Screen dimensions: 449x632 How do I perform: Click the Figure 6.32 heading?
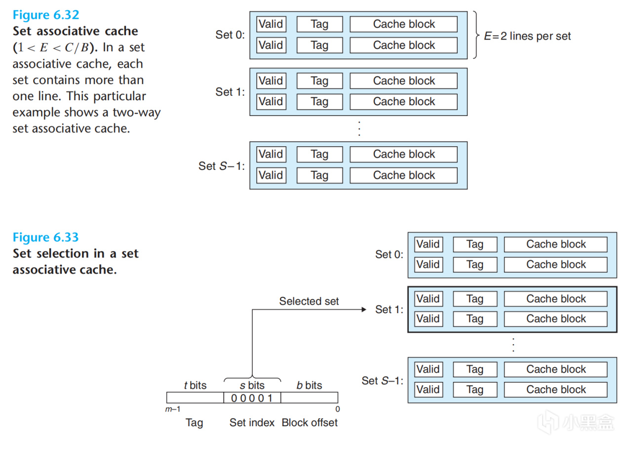tap(45, 15)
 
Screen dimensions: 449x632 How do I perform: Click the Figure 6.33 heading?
tap(45, 238)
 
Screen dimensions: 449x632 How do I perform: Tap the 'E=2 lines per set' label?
tap(527, 36)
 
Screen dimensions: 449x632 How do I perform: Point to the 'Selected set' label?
tap(309, 301)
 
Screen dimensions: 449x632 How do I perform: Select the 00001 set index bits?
tap(252, 398)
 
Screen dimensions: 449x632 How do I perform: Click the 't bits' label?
tap(195, 385)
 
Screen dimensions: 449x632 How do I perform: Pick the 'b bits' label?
tap(309, 385)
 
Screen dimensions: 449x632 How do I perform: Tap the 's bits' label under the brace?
tap(252, 386)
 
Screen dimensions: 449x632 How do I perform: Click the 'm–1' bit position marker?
tap(173, 409)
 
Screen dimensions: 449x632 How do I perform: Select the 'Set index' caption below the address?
tap(252, 423)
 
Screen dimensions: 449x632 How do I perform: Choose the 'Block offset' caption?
tap(310, 423)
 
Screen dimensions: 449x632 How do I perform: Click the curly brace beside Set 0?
tap(475, 35)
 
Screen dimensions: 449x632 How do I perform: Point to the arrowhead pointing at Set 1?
tap(364, 310)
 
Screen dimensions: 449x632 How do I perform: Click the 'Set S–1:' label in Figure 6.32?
tap(222, 166)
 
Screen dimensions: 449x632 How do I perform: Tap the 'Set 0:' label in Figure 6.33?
tap(389, 255)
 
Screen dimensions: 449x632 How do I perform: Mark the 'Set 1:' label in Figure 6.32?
tap(230, 92)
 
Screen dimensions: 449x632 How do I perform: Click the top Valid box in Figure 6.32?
tap(271, 24)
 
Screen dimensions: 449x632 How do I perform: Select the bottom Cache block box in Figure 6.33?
tap(555, 390)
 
